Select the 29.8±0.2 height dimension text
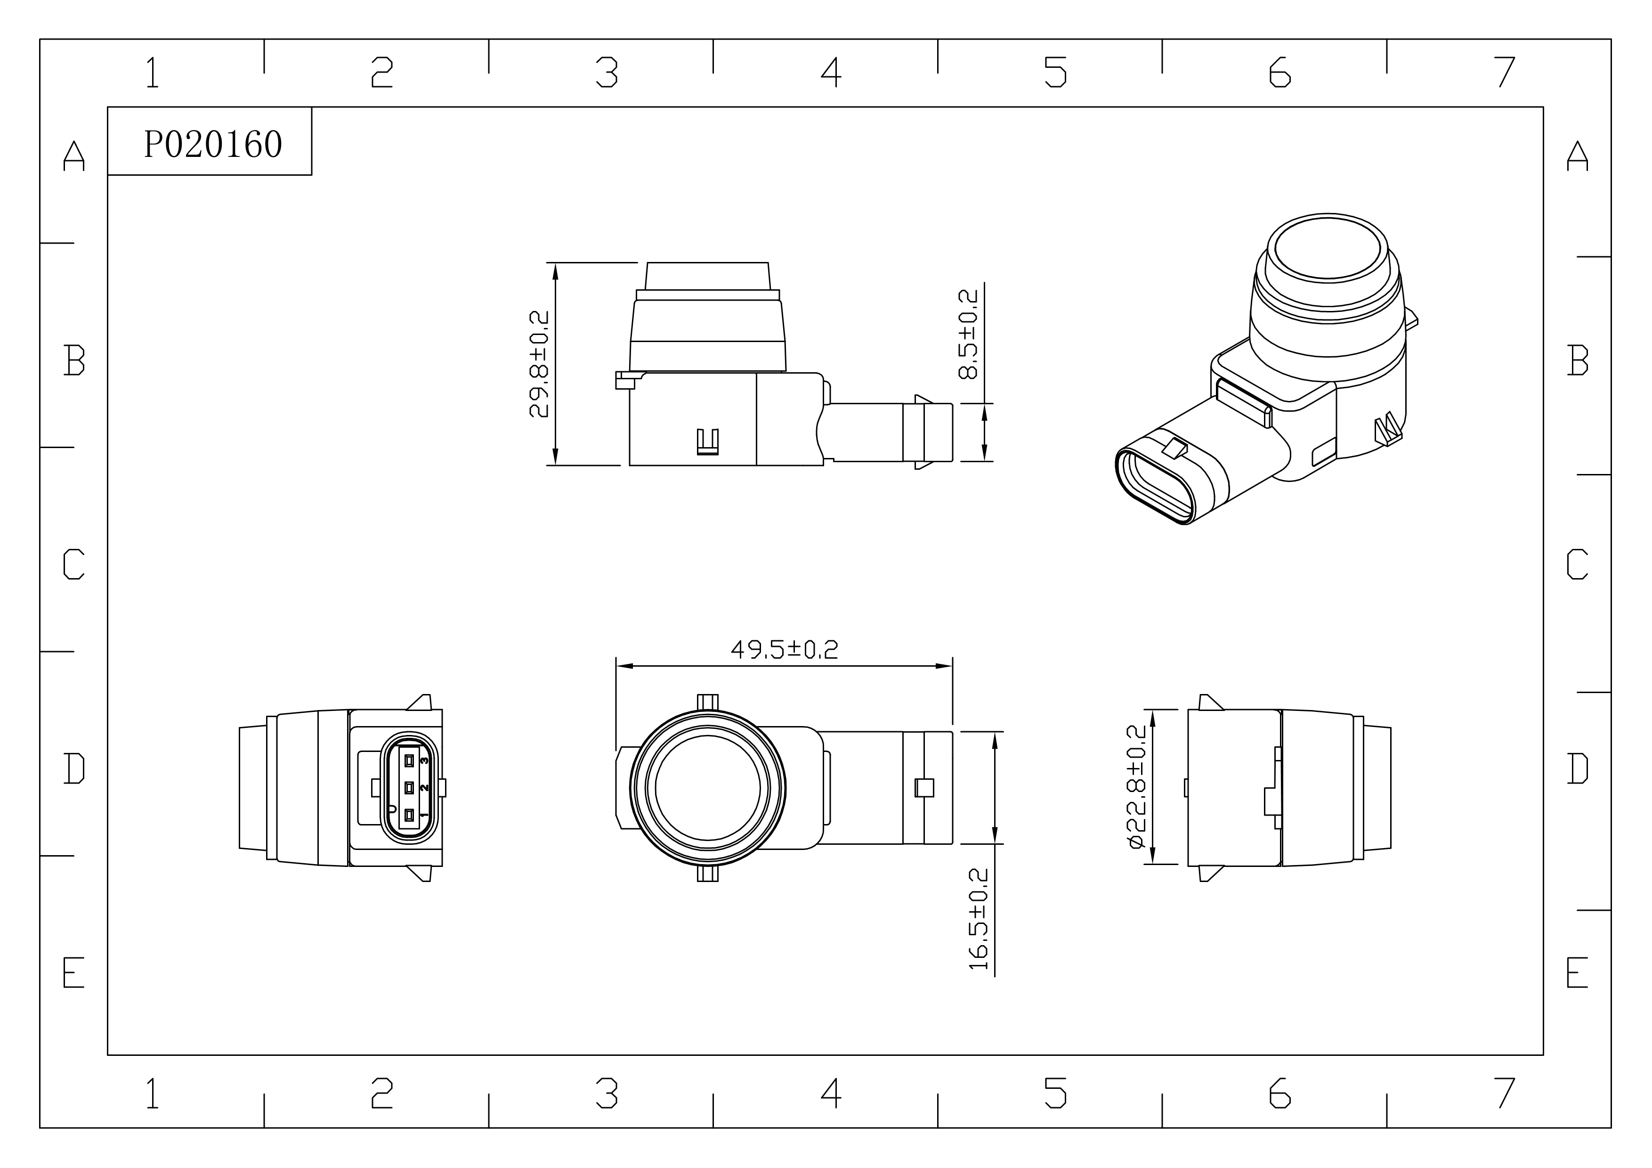[539, 364]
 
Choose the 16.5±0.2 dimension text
[979, 919]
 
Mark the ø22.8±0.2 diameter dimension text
[1137, 786]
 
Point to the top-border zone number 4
[831, 72]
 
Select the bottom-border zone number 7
[1505, 1093]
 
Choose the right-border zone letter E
[1577, 972]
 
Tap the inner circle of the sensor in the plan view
[708, 788]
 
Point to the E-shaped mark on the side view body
[708, 442]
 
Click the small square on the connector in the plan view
[924, 788]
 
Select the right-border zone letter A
[1577, 155]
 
